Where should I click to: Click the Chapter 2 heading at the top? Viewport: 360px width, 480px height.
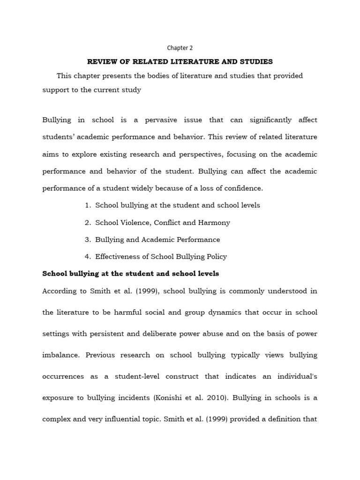pyautogui.click(x=180, y=48)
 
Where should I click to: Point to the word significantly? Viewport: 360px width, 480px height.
pyautogui.click(x=271, y=120)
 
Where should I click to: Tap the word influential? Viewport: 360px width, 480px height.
pyautogui.click(x=125, y=419)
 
